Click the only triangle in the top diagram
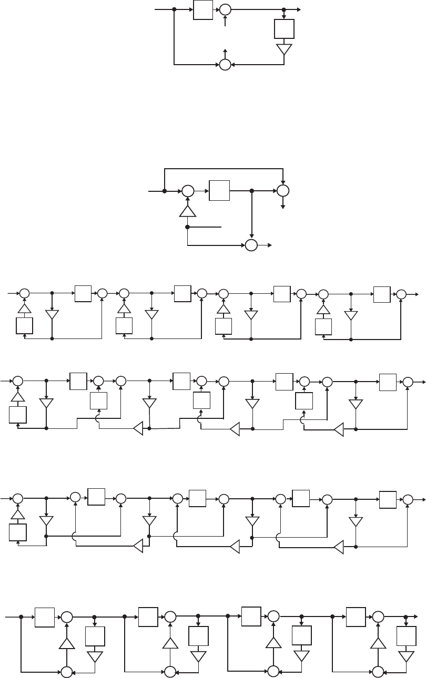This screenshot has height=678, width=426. (284, 49)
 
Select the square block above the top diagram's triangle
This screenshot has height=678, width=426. (284, 29)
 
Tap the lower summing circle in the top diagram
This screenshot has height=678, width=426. (225, 65)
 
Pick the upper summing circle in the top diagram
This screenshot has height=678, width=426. (225, 9)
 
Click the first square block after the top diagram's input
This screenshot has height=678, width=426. (203, 9)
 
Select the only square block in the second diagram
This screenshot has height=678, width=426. (219, 191)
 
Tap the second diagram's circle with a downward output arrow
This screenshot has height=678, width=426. (283, 191)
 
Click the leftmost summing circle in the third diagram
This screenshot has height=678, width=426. (24, 294)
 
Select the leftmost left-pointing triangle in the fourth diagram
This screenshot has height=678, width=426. (138, 428)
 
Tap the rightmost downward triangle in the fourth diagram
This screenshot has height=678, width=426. (356, 404)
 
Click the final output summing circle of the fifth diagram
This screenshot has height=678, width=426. (407, 499)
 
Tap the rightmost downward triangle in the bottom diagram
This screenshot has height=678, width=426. (406, 656)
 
